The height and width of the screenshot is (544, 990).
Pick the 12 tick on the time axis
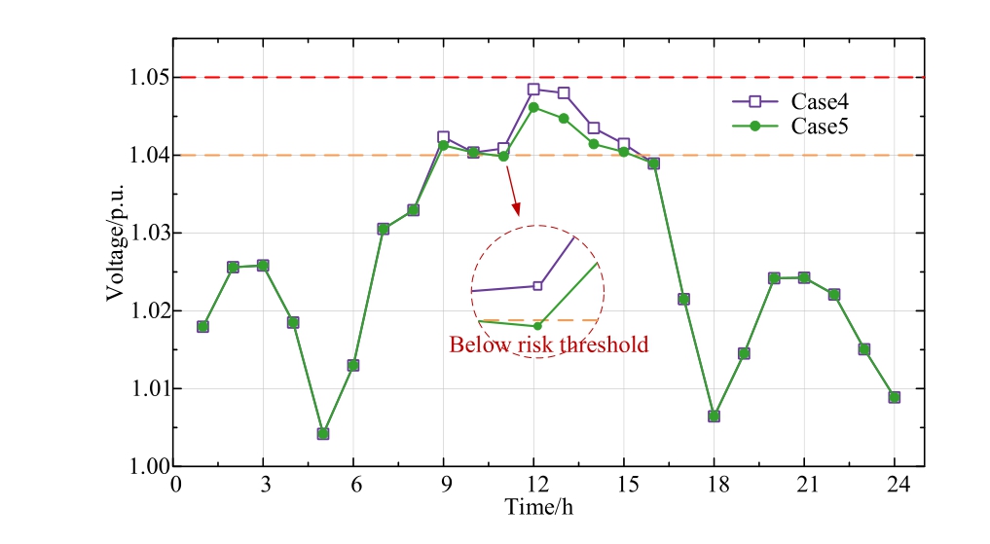[x=533, y=485]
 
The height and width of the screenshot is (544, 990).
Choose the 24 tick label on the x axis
[x=894, y=485]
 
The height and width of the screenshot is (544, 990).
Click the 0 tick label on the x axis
[x=175, y=485]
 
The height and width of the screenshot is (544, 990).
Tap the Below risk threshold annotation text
[x=548, y=345]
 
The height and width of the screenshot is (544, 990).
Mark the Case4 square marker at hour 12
[x=533, y=90]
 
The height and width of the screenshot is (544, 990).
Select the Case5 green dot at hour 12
[x=533, y=107]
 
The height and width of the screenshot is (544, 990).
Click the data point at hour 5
[x=323, y=433]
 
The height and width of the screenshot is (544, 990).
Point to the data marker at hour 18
[x=714, y=416]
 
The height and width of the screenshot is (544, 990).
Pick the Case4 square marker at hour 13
[x=564, y=93]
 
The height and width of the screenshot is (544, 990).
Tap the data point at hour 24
[x=894, y=397]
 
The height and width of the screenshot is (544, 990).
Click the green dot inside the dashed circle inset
[x=537, y=325]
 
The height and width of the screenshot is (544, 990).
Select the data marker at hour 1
[x=202, y=326]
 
